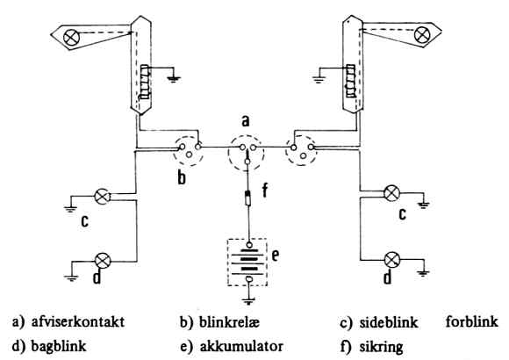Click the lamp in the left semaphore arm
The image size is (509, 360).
71,38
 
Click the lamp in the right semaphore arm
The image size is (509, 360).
423,35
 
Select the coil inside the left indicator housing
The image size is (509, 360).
145,82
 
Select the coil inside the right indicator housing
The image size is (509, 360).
350,81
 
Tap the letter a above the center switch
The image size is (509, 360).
246,121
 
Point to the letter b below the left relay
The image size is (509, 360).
182,177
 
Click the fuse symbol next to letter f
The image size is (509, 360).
248,198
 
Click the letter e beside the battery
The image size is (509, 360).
275,256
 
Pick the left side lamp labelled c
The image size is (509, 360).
103,197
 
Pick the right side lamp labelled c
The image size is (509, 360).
391,193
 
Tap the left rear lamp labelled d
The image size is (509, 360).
103,261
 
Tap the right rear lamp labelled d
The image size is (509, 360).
392,260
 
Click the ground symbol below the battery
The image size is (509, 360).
249,301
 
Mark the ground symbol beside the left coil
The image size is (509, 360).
174,79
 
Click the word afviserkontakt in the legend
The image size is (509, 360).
78,321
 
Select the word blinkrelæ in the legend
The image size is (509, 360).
229,322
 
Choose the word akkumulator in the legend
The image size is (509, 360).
241,346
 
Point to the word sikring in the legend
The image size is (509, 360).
381,347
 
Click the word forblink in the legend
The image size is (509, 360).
471,321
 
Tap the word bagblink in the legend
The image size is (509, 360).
59,347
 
